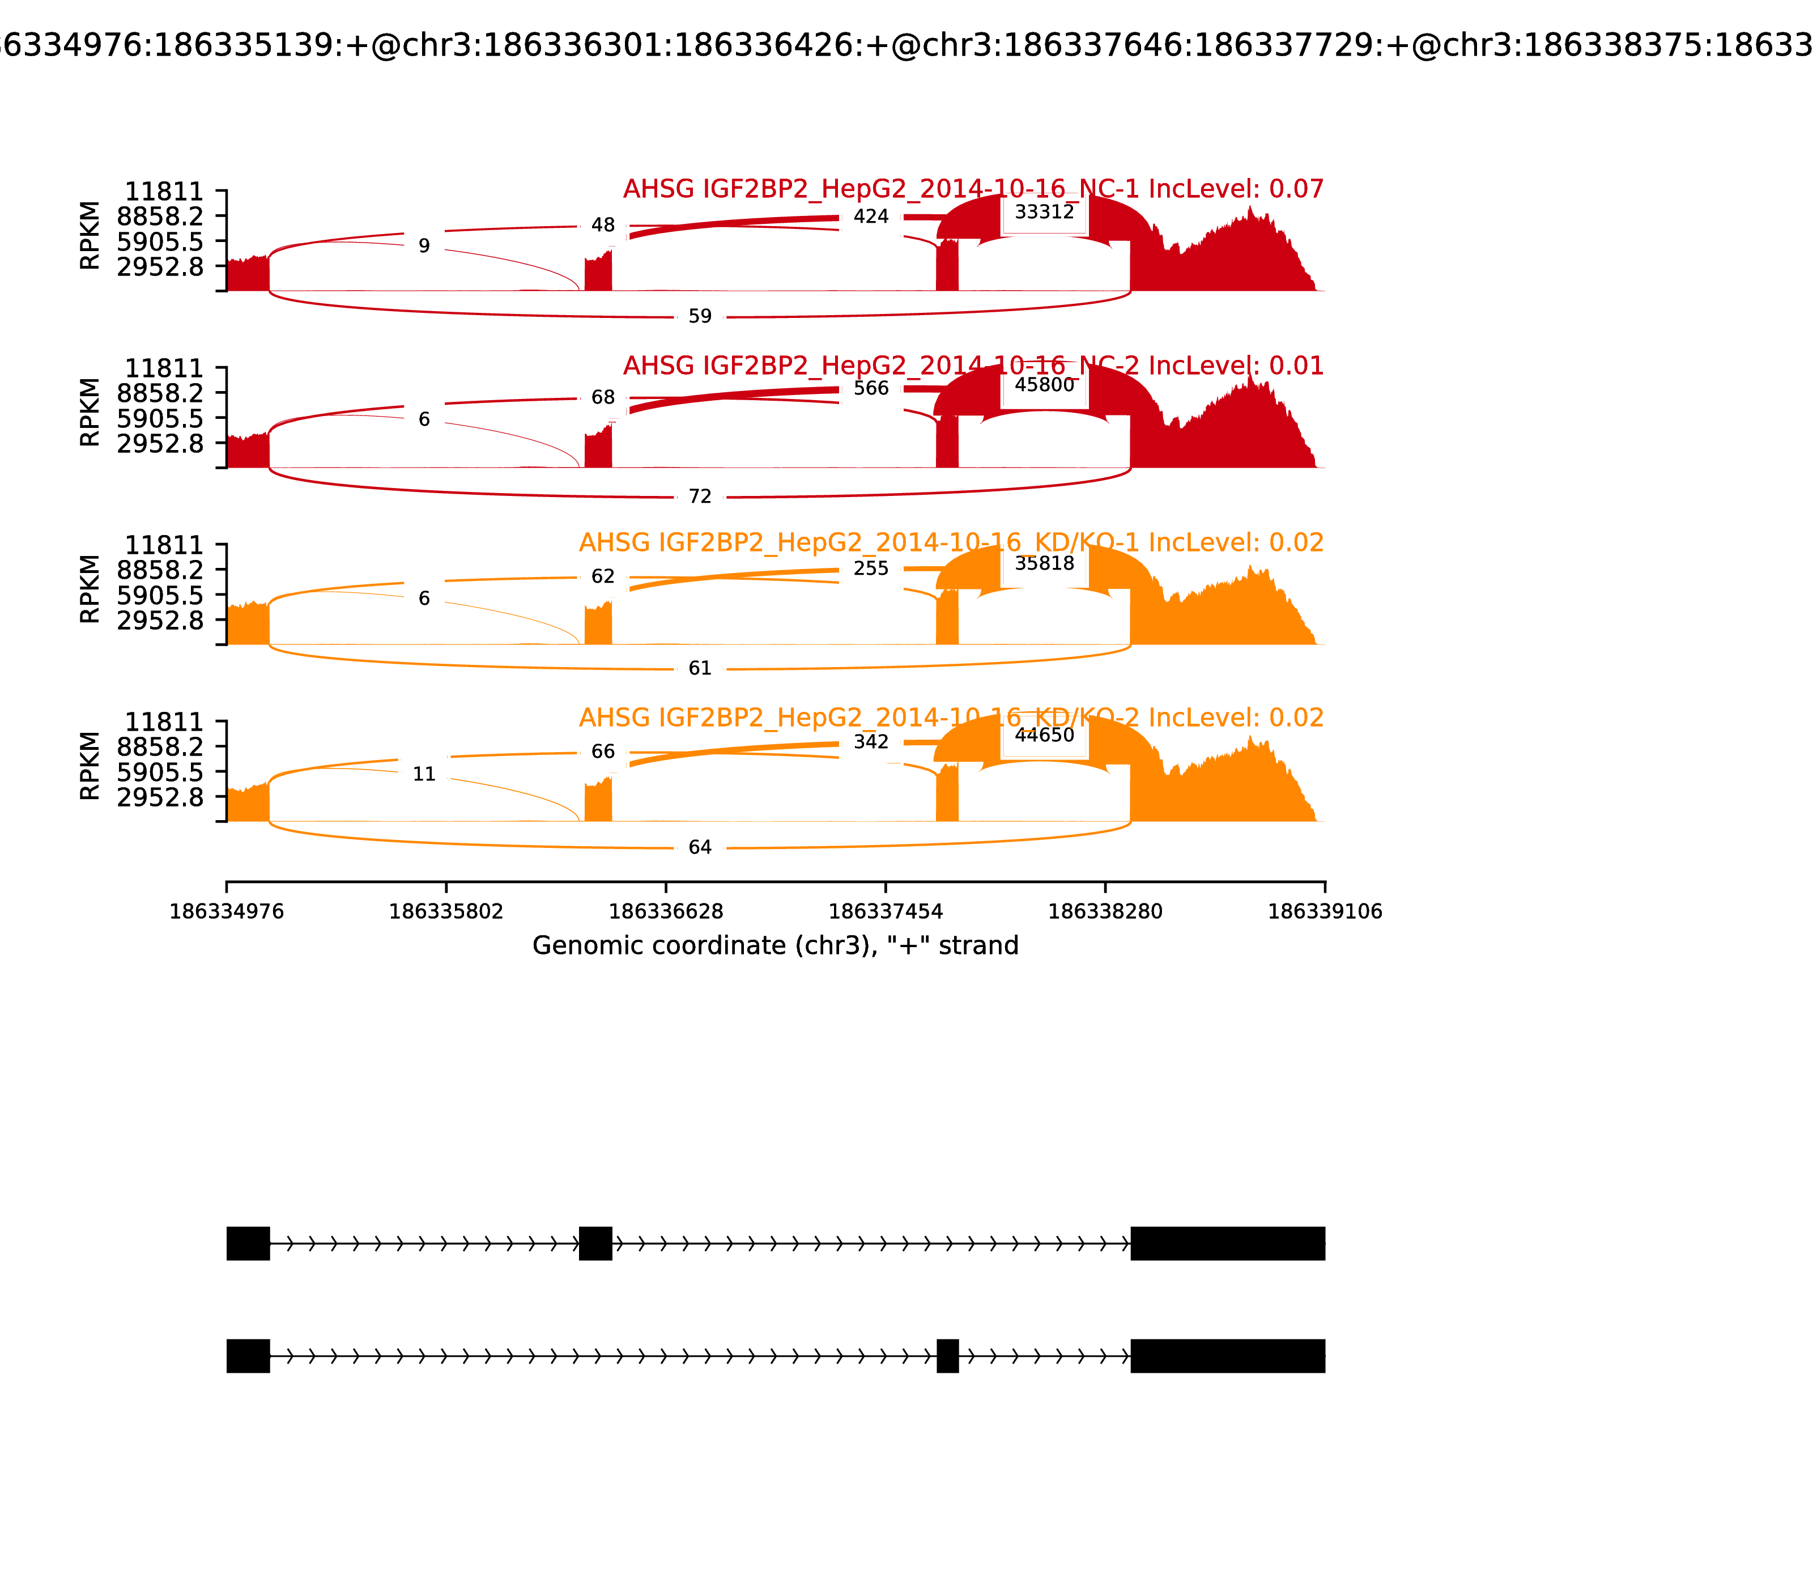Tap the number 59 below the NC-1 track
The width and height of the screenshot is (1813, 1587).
pyautogui.click(x=699, y=316)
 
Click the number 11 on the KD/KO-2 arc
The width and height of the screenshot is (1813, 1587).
pyautogui.click(x=424, y=775)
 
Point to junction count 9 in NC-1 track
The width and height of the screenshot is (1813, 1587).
pyautogui.click(x=424, y=246)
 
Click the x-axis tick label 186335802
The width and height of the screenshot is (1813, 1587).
pyautogui.click(x=446, y=912)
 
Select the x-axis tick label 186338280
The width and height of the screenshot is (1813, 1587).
pyautogui.click(x=1105, y=912)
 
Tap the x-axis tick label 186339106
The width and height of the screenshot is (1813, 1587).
pyautogui.click(x=1325, y=912)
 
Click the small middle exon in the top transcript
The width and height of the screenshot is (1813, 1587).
pyautogui.click(x=595, y=1244)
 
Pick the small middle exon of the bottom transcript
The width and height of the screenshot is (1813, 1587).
pyautogui.click(x=947, y=1356)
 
